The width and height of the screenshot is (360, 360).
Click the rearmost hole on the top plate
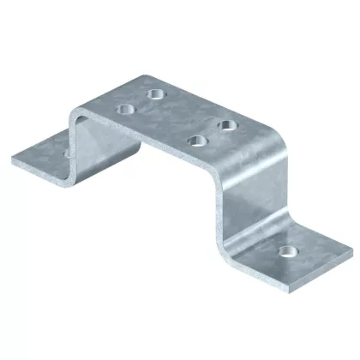(x=156, y=93)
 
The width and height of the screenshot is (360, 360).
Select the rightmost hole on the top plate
(x=227, y=125)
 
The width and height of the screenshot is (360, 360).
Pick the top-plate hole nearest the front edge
(x=195, y=141)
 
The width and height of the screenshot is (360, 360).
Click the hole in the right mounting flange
(x=284, y=252)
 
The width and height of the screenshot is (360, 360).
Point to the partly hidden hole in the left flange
(x=67, y=152)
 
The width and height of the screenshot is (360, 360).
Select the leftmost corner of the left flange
(x=11, y=159)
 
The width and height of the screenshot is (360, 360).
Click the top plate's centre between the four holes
(x=177, y=117)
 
